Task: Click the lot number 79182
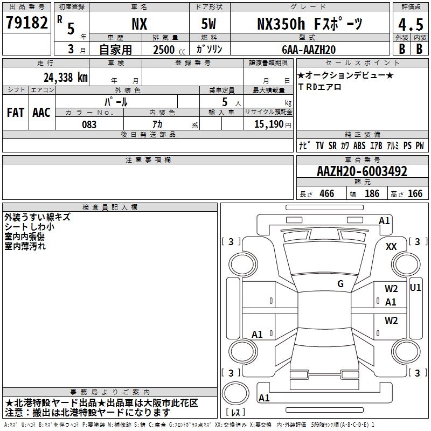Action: pyautogui.click(x=26, y=23)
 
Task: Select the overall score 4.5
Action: pyautogui.click(x=411, y=24)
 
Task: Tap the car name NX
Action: pyautogui.click(x=140, y=24)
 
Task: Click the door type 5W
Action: pyautogui.click(x=208, y=24)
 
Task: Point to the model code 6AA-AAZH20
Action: pyautogui.click(x=309, y=50)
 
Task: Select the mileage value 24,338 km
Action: pyautogui.click(x=65, y=78)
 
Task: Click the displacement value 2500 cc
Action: pyautogui.click(x=169, y=50)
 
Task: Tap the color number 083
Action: pyautogui.click(x=89, y=124)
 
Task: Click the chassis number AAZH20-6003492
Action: pyautogui.click(x=362, y=171)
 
